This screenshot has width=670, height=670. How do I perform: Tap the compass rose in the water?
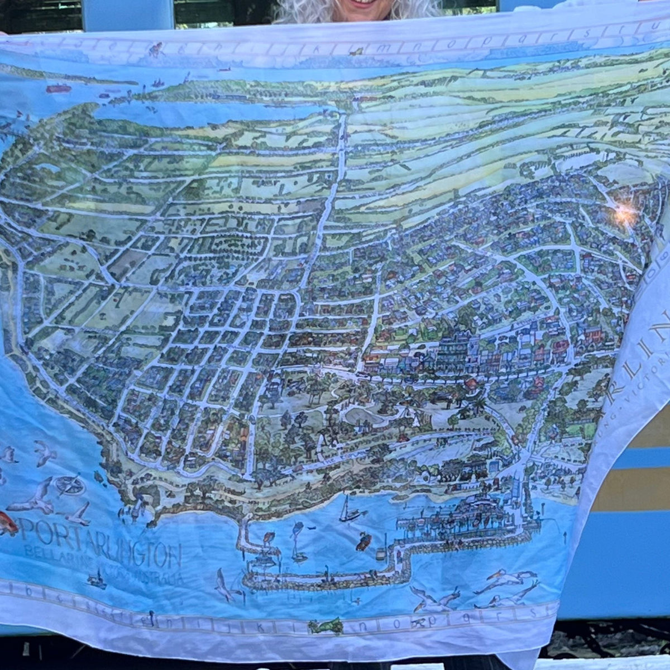(x=70, y=485)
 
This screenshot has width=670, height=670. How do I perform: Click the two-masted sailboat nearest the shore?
(x=348, y=511)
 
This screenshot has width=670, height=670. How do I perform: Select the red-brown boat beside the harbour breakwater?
(x=363, y=540)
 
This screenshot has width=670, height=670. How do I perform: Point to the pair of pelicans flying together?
(x=505, y=583)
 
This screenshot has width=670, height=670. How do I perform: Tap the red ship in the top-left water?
(x=58, y=88)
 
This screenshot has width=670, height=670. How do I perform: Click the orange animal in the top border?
(x=155, y=49)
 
